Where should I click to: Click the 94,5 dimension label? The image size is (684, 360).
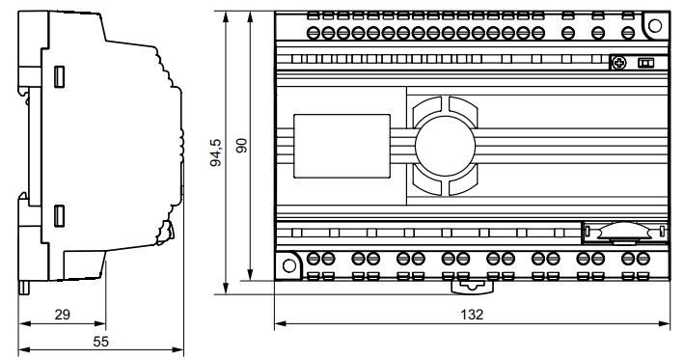click(216, 152)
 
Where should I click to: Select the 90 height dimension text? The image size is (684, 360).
click(241, 146)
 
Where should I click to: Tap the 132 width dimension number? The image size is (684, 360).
click(472, 315)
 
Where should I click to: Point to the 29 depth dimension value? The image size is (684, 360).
click(63, 315)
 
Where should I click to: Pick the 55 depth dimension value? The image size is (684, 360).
click(100, 342)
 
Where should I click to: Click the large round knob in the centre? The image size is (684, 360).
click(445, 146)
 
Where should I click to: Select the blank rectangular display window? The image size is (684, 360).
click(342, 146)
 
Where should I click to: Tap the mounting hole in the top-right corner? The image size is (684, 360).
click(655, 25)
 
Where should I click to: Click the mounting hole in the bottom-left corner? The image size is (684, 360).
click(289, 265)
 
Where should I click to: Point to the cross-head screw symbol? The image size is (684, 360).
click(619, 63)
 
